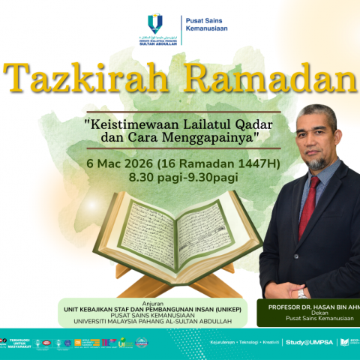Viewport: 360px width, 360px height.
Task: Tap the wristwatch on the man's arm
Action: point(301,293)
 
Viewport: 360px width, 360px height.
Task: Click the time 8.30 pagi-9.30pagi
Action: point(183,178)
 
